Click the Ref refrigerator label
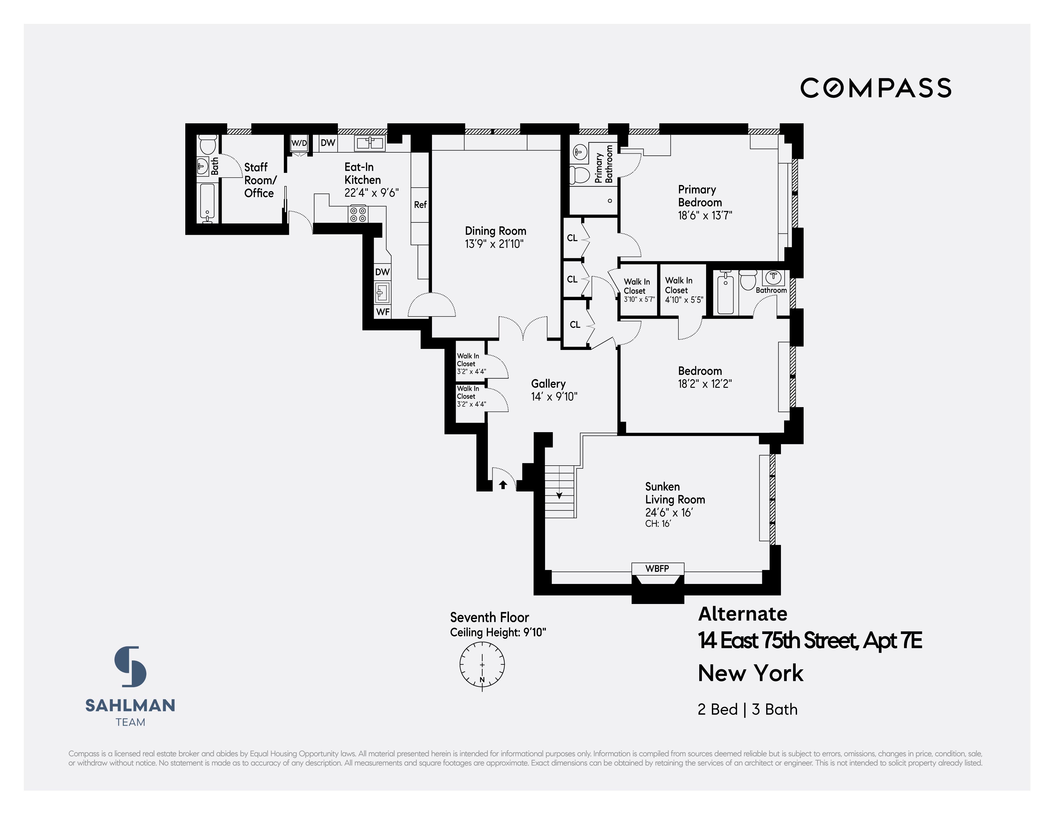[x=420, y=204]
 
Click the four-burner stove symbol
[x=358, y=214]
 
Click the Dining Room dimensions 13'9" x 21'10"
[x=494, y=244]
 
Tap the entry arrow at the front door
[x=503, y=484]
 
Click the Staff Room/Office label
[x=259, y=180]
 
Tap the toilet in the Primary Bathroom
[x=579, y=175]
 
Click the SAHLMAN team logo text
[x=130, y=705]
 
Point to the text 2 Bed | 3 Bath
[x=747, y=709]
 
